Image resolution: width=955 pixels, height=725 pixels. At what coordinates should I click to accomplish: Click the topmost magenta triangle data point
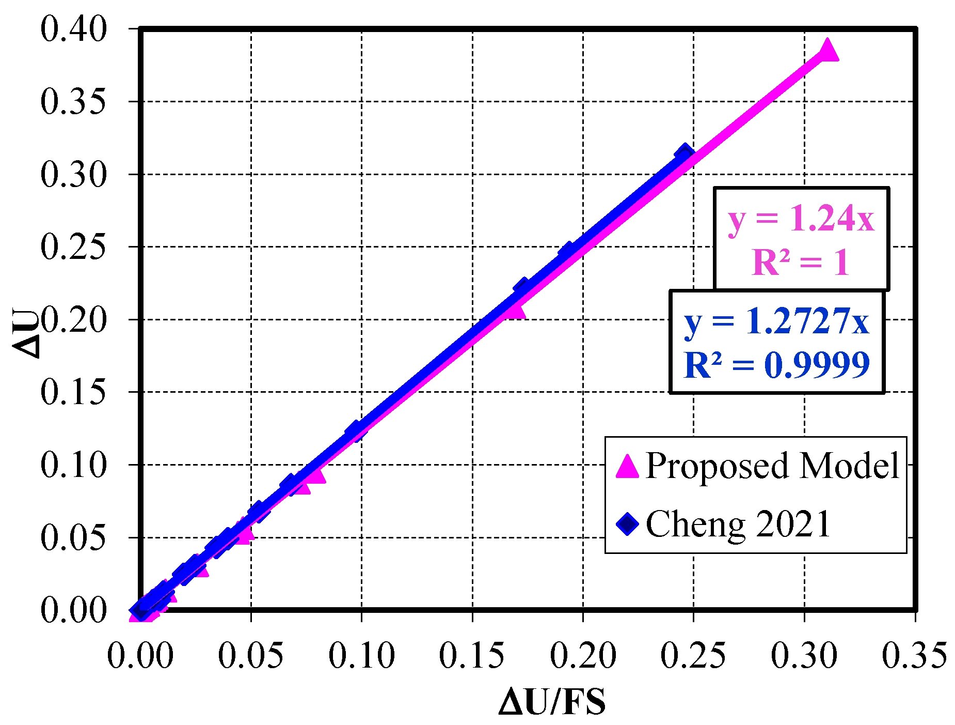(827, 50)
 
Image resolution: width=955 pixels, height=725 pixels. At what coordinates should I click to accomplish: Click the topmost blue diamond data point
(685, 154)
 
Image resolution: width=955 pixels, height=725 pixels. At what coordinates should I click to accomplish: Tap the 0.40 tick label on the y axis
(73, 29)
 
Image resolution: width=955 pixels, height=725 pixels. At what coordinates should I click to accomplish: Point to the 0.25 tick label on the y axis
(73, 247)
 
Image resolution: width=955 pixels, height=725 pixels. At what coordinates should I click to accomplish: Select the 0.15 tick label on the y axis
(73, 392)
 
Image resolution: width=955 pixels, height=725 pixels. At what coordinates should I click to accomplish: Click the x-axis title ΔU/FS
(552, 702)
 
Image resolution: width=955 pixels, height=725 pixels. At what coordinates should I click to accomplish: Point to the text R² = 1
(801, 262)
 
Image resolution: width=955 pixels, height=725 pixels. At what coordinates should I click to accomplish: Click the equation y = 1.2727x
(777, 321)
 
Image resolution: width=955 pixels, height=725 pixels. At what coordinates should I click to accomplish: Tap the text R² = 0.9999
(777, 365)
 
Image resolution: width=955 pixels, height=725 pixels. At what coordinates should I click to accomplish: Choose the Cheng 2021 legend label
(738, 524)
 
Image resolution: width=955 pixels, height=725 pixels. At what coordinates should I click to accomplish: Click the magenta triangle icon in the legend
(627, 467)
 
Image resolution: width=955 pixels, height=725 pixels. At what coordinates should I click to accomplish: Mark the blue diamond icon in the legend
(627, 525)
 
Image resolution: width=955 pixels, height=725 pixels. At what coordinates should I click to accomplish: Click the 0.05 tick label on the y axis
(73, 537)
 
